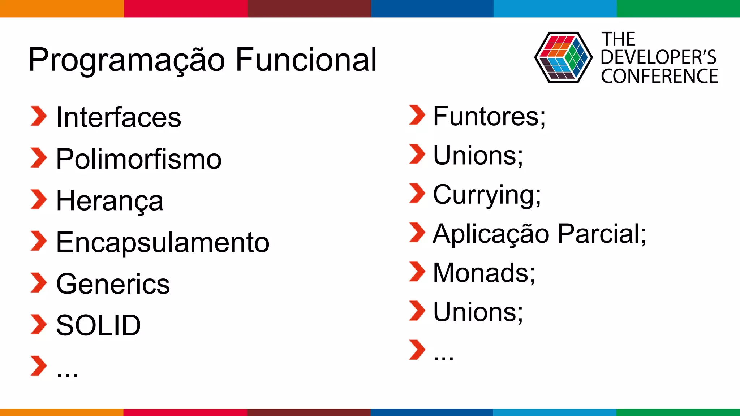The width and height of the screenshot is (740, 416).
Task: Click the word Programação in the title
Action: point(126,60)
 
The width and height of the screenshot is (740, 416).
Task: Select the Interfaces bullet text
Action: point(119,117)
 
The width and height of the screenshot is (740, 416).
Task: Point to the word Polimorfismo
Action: point(139,159)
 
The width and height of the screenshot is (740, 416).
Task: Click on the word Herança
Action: point(109,201)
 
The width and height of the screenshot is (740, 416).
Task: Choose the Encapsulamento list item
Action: point(163,242)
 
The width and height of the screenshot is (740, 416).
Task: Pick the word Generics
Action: point(113,284)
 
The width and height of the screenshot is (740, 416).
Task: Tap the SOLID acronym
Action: point(98,325)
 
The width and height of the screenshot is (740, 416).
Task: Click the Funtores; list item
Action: point(489,116)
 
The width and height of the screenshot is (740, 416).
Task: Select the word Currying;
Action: point(487,195)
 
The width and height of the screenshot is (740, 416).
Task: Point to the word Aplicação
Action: point(491,234)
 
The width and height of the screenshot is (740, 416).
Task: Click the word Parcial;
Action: point(602,234)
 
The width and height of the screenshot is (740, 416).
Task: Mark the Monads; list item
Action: point(484,273)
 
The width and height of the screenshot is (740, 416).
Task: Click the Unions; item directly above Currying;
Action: point(478,156)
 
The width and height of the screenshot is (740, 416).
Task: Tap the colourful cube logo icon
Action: point(563,57)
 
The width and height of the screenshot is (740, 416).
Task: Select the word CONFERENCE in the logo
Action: point(659,76)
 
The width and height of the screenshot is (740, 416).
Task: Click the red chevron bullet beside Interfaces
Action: point(38,116)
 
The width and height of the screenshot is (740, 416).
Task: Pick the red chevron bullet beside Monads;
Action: point(417,271)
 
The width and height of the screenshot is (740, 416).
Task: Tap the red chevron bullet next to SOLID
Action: point(38,324)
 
